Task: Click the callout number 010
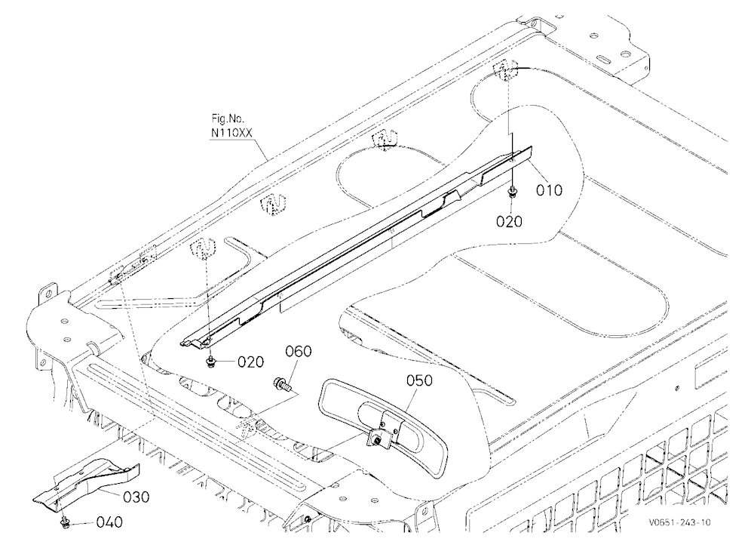[549, 190]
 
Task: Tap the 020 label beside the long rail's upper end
[509, 221]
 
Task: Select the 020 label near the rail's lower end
[251, 362]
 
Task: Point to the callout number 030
[136, 497]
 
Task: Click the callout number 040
[109, 522]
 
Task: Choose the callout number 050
[419, 380]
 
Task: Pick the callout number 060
[299, 351]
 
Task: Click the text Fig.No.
[228, 119]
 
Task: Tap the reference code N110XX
[231, 132]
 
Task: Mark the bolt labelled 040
[63, 523]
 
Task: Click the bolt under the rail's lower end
[210, 362]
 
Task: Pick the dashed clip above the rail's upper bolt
[505, 71]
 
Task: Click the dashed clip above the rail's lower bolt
[204, 248]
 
